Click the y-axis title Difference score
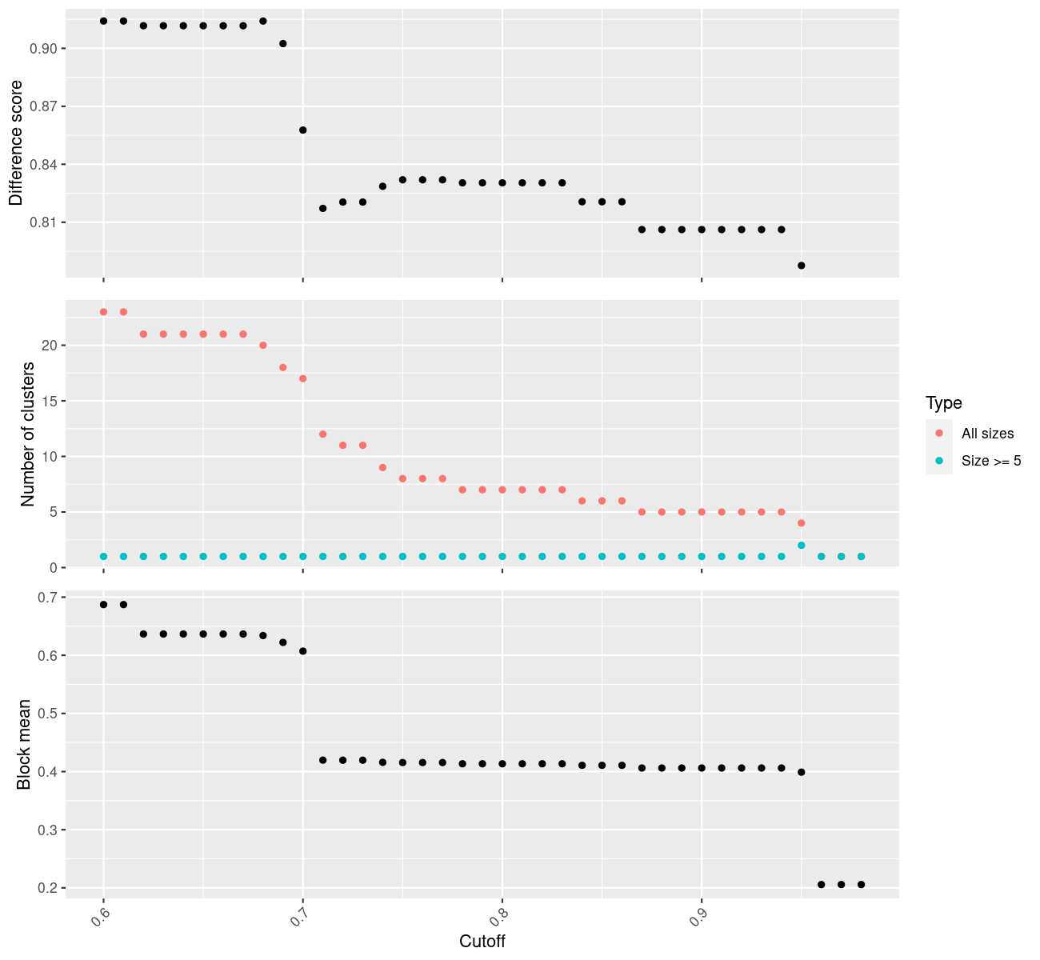[16, 143]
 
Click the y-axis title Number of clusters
[29, 434]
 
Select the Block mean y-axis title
[24, 744]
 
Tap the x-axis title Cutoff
[482, 941]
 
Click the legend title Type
[943, 402]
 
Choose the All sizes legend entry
[987, 434]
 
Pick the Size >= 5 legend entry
[991, 461]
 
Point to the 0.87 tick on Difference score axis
[44, 106]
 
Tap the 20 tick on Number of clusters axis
[49, 346]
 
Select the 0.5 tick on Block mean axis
[46, 714]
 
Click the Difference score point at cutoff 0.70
[302, 130]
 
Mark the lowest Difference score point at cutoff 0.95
[802, 265]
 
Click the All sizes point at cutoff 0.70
[302, 378]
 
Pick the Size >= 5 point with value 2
[802, 545]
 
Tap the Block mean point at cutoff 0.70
[302, 651]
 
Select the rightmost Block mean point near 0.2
[861, 884]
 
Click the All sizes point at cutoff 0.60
[103, 312]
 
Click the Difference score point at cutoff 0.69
[282, 43]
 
